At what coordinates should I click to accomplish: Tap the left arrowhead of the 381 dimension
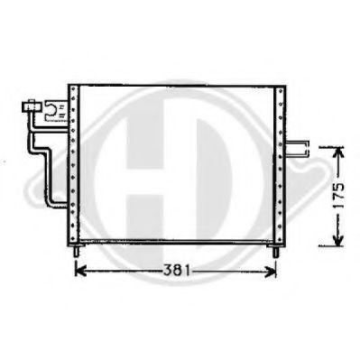coord(77,271)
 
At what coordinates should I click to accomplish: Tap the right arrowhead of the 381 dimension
coord(272,271)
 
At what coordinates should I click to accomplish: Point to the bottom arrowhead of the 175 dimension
coord(336,245)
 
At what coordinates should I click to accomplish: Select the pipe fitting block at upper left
coord(31,109)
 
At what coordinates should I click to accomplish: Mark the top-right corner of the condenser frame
coord(284,86)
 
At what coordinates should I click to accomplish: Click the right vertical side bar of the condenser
coord(282,162)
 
